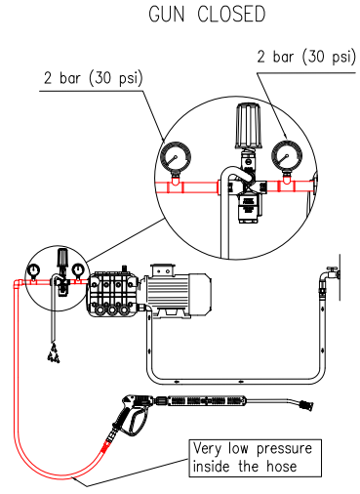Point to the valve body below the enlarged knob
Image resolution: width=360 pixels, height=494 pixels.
[x=246, y=195]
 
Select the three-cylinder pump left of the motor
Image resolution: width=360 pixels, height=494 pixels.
[x=113, y=293]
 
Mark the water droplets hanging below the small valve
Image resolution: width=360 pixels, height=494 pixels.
[x=53, y=357]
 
